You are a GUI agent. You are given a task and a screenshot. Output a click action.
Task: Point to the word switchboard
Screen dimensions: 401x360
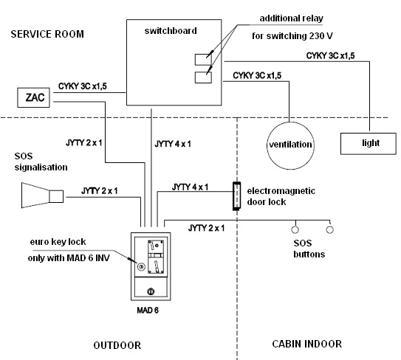pos(171,31)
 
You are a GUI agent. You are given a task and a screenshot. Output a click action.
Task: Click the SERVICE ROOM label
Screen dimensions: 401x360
pos(47,34)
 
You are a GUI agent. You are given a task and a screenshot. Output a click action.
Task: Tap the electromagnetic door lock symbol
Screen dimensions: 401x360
pos(236,196)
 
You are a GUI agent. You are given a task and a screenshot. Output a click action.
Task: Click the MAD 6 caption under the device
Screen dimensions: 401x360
pos(148,310)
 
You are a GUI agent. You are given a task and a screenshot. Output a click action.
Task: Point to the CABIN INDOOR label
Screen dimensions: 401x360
pos(307,344)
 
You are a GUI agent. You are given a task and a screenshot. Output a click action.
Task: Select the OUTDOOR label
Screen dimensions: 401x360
pos(117,345)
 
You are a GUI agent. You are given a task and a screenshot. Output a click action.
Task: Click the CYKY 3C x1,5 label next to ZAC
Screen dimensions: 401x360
pos(83,86)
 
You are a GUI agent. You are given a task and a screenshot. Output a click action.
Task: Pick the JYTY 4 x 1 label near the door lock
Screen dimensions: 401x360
pos(190,187)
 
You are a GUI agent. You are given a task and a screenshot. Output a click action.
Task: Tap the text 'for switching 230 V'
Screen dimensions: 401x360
pos(292,36)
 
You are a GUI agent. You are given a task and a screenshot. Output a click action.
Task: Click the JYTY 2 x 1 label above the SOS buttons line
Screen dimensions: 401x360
pos(206,228)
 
